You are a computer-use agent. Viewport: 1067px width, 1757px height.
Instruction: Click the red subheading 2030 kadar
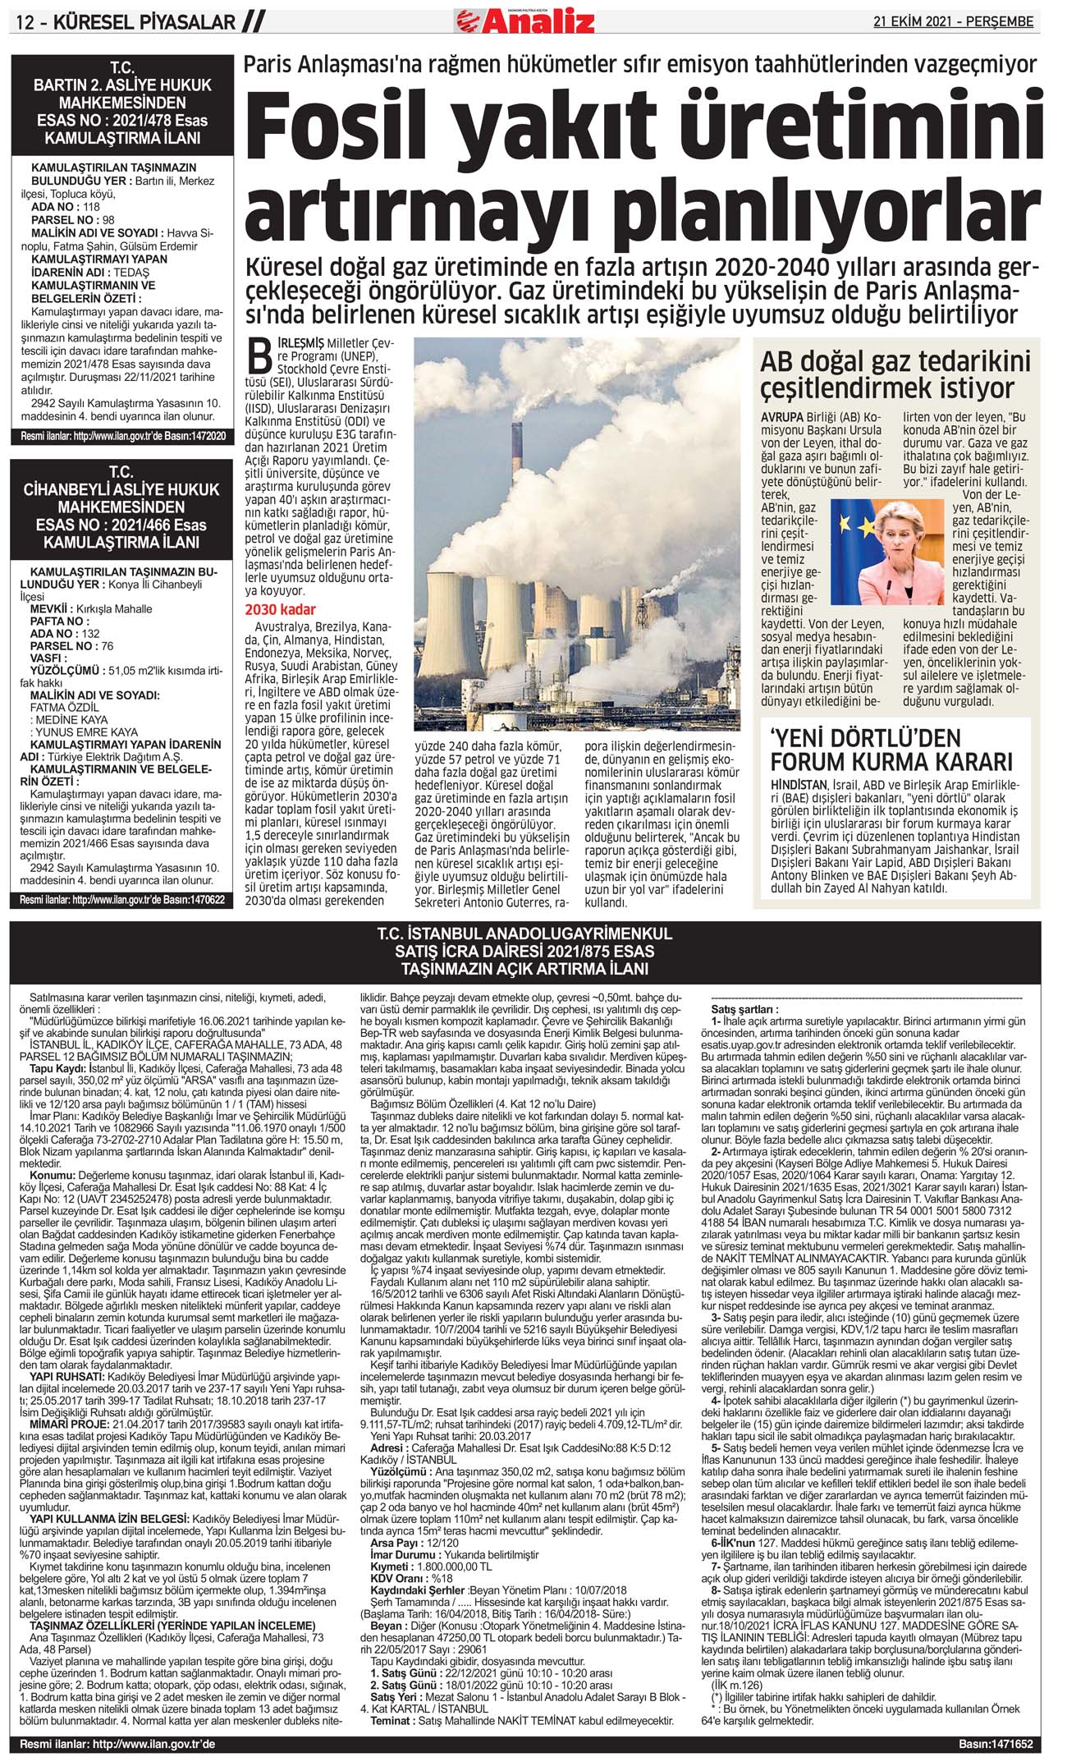click(280, 610)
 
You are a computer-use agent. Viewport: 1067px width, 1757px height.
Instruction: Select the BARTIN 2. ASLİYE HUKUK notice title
click(121, 102)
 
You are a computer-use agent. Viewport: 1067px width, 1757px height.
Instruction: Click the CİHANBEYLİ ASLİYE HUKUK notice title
click(121, 507)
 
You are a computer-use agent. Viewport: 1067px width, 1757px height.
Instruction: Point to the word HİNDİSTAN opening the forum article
click(799, 785)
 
